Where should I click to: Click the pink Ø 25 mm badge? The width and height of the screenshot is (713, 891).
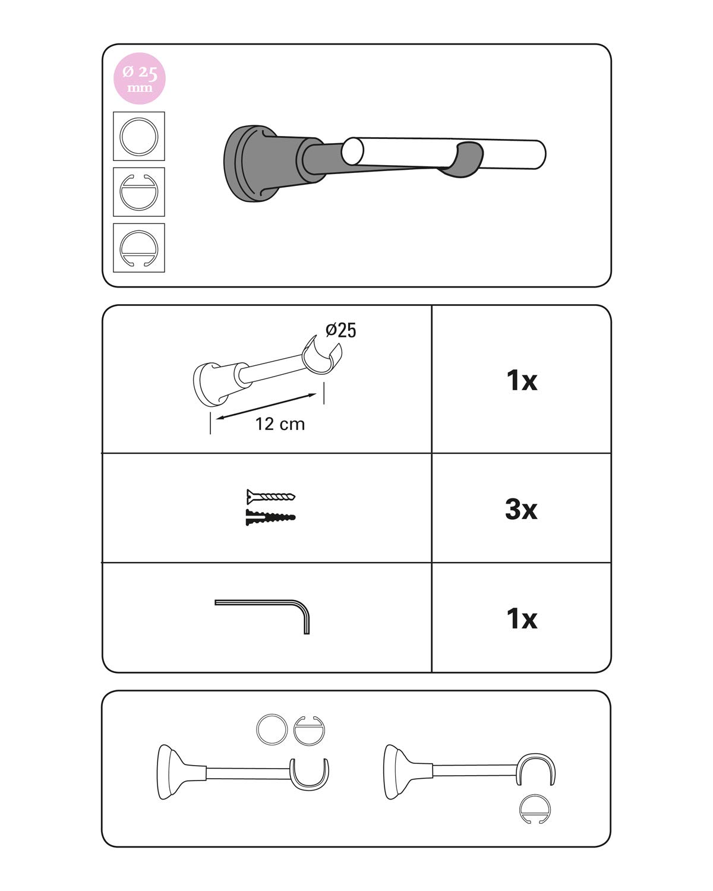[140, 78]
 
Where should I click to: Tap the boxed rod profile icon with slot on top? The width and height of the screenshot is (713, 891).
[139, 192]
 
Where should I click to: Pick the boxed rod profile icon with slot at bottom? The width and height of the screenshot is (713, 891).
[139, 248]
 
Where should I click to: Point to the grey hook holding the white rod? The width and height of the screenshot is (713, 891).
[466, 159]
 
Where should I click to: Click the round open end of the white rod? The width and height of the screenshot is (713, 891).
[352, 151]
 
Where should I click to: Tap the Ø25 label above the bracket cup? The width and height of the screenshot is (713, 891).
[340, 330]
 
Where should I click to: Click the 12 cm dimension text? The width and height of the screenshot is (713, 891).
[280, 424]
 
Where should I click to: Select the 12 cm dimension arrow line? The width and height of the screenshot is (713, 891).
[266, 406]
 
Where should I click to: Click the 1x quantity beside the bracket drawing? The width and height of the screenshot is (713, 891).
[522, 380]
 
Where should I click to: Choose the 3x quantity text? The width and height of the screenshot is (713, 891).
[521, 509]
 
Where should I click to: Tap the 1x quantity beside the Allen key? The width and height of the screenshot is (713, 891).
[522, 618]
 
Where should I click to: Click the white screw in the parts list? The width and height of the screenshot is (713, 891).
[270, 496]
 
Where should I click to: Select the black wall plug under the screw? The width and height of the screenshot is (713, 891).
[270, 517]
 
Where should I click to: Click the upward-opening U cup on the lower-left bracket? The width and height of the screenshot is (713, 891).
[309, 787]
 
